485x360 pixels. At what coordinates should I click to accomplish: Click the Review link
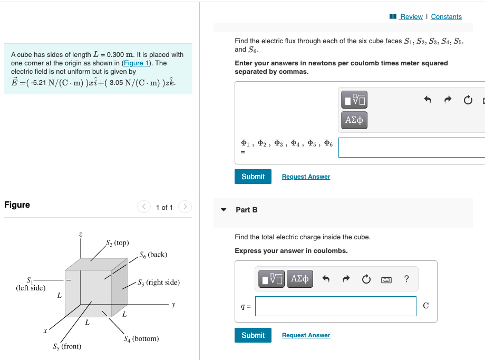coord(411,17)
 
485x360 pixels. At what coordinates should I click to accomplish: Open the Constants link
coord(446,17)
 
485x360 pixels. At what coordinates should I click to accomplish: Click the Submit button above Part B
coord(253,177)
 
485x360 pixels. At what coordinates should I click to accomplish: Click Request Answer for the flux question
coord(306,177)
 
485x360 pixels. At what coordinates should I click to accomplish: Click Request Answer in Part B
coord(306,335)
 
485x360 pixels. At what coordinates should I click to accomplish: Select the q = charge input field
coord(335,306)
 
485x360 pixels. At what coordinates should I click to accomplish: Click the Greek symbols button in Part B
coord(300,279)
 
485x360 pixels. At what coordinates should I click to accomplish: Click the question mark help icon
coord(406,279)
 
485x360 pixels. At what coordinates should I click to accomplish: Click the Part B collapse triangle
coord(224,210)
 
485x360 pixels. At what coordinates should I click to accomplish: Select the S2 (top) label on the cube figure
coord(117,243)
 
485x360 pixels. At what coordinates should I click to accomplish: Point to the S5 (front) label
coord(67,346)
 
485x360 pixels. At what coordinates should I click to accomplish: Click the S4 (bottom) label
coord(141,338)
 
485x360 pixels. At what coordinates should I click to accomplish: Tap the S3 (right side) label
coord(158,283)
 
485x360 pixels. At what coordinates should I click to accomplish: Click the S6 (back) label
coord(153,255)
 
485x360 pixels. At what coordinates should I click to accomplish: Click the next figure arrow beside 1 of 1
coord(185,207)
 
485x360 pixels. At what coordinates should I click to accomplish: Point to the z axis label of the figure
coord(80,233)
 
